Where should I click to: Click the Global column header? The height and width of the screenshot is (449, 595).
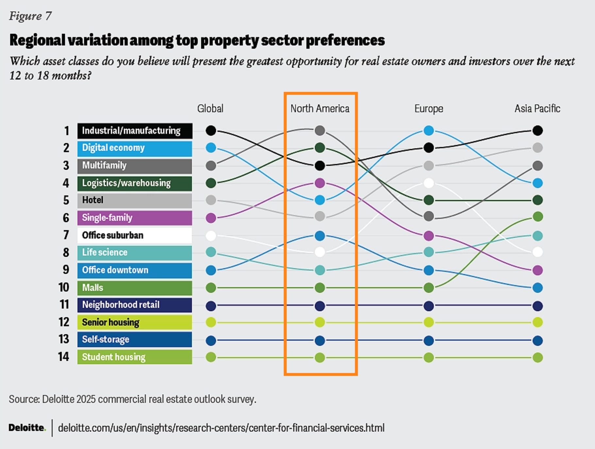(x=210, y=109)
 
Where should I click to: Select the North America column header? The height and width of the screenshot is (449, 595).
(x=320, y=109)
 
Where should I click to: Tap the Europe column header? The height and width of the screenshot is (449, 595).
(x=429, y=109)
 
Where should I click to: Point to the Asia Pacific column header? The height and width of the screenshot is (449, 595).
(x=537, y=109)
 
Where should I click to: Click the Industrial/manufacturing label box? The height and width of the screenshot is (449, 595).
(x=135, y=131)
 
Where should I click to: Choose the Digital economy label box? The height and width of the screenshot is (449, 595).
(x=135, y=148)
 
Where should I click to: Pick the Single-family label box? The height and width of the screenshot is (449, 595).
(x=135, y=218)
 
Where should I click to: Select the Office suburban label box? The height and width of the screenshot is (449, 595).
(x=135, y=235)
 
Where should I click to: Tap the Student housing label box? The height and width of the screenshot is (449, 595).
(x=135, y=357)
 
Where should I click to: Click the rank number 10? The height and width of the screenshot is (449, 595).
(x=64, y=287)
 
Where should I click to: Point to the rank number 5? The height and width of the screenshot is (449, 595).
(x=66, y=200)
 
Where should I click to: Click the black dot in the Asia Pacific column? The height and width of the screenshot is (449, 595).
(x=537, y=131)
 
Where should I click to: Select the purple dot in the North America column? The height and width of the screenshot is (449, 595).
(x=320, y=183)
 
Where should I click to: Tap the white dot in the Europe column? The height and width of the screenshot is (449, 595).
(x=429, y=183)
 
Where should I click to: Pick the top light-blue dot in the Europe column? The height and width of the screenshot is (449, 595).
(x=429, y=131)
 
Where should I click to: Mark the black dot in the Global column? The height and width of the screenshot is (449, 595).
(x=211, y=131)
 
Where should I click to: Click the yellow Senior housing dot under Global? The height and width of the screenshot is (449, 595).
(x=211, y=322)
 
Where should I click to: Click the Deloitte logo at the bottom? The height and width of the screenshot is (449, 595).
(x=27, y=428)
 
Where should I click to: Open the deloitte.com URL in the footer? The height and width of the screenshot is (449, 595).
(x=221, y=428)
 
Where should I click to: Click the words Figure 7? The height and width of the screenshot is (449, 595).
(x=30, y=16)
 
